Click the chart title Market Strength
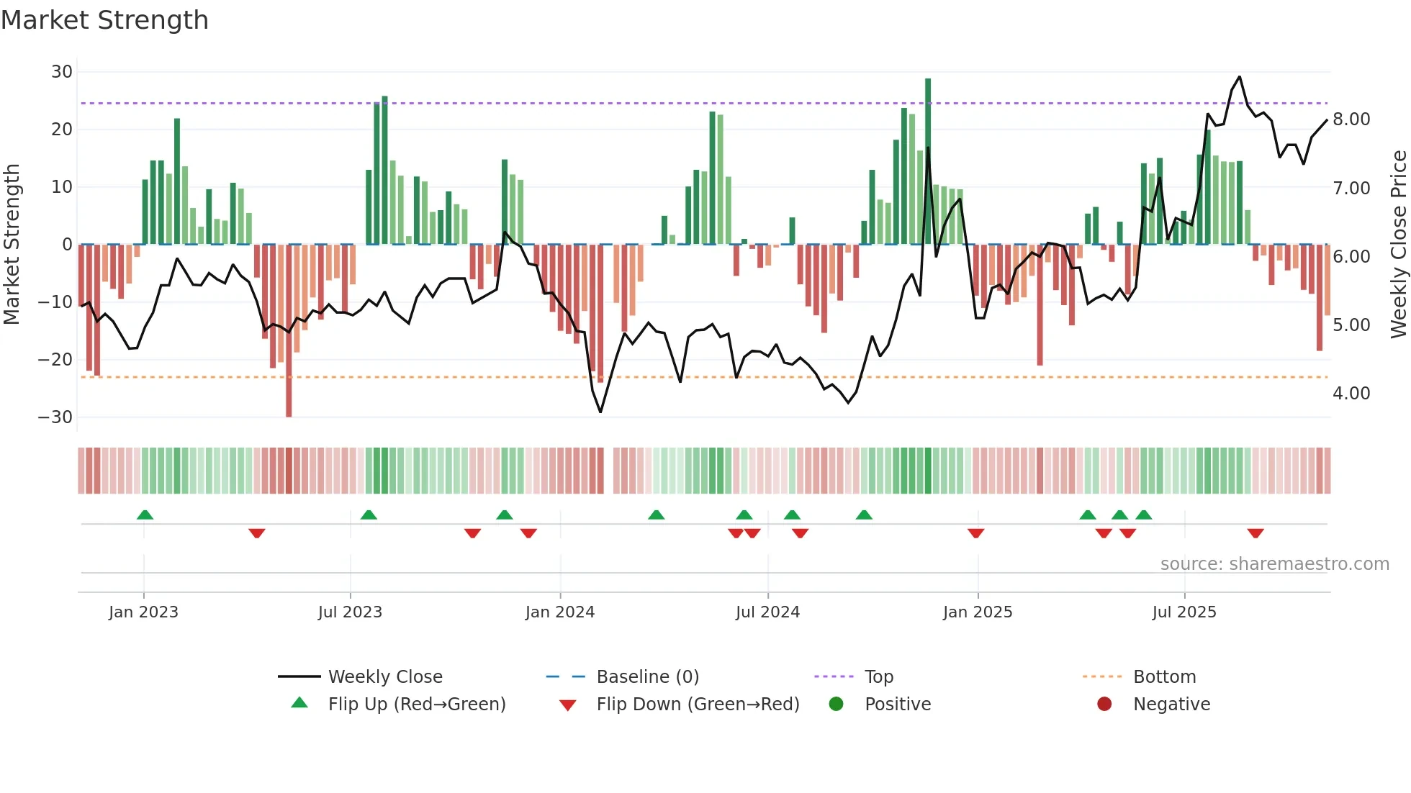104,20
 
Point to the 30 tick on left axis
62,72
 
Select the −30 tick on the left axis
56,417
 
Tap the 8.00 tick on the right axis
1351,119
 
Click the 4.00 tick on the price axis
1351,394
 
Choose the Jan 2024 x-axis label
560,612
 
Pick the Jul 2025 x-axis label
1184,612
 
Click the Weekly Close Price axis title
1398,245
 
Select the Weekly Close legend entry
385,677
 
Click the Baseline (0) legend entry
647,677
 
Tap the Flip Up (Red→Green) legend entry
417,704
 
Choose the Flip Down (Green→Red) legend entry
698,704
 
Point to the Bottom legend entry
1164,677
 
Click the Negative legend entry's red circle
1104,704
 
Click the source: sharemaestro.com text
1274,564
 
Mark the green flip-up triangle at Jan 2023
145,515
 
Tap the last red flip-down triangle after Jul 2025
1256,533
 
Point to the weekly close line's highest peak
1239,77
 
